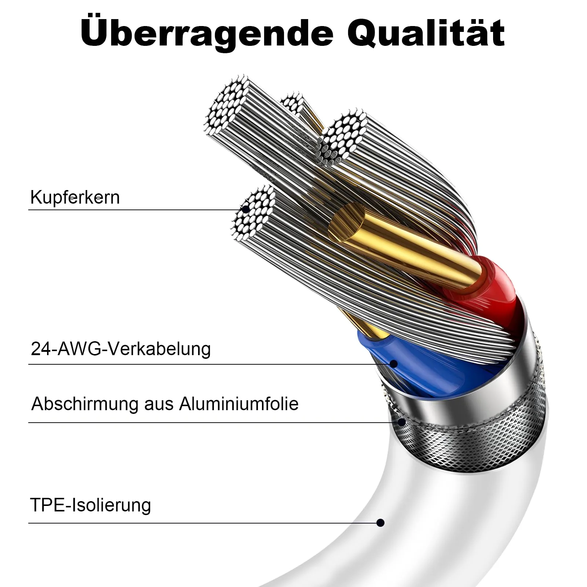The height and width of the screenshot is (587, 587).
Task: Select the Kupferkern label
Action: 75,197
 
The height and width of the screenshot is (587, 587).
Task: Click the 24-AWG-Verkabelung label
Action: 121,349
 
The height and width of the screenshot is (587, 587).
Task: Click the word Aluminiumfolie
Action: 239,404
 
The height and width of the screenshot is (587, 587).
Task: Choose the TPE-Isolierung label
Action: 91,505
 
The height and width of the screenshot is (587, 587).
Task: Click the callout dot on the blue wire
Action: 394,364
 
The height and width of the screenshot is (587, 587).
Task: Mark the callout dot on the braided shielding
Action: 402,422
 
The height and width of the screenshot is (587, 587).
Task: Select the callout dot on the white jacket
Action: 380,523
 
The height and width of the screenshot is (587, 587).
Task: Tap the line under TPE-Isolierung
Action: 204,523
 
